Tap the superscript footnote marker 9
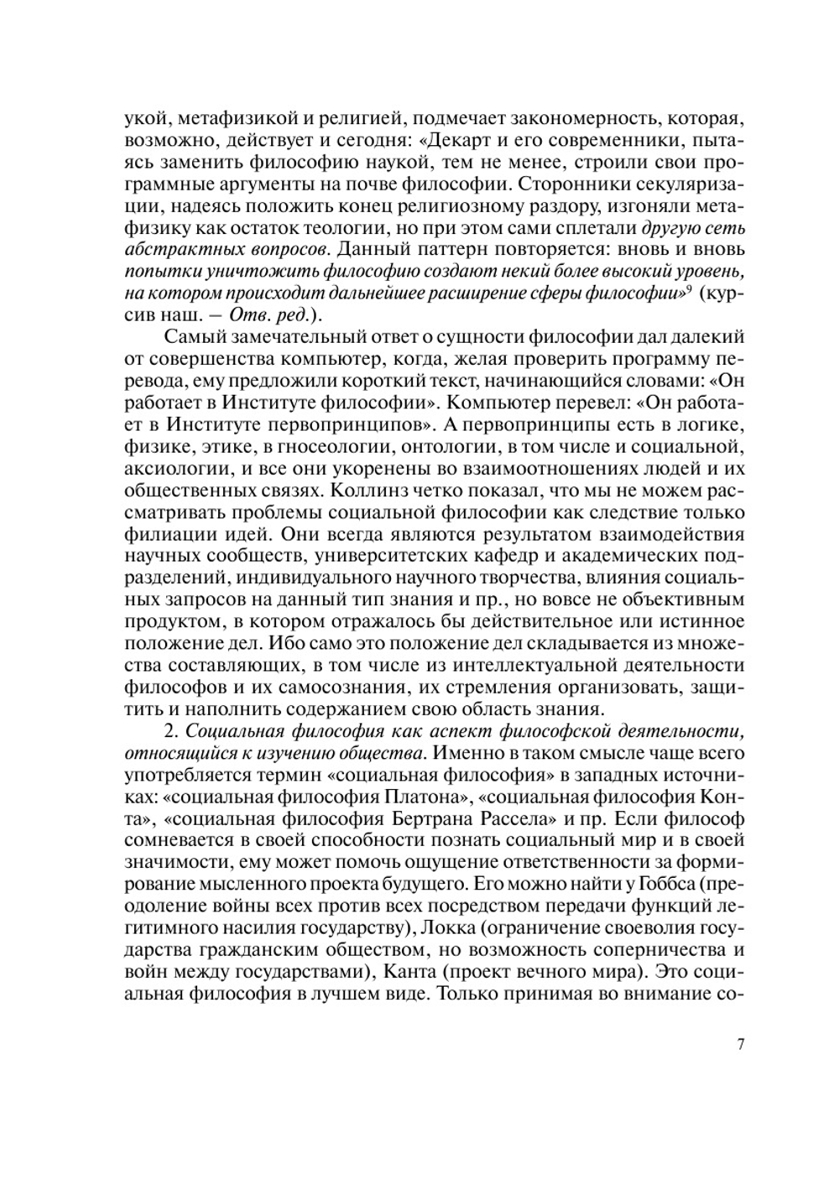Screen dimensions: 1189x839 pyautogui.click(x=690, y=288)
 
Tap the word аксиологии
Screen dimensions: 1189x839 pyautogui.click(x=168, y=466)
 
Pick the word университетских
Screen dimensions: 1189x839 pyautogui.click(x=386, y=556)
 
